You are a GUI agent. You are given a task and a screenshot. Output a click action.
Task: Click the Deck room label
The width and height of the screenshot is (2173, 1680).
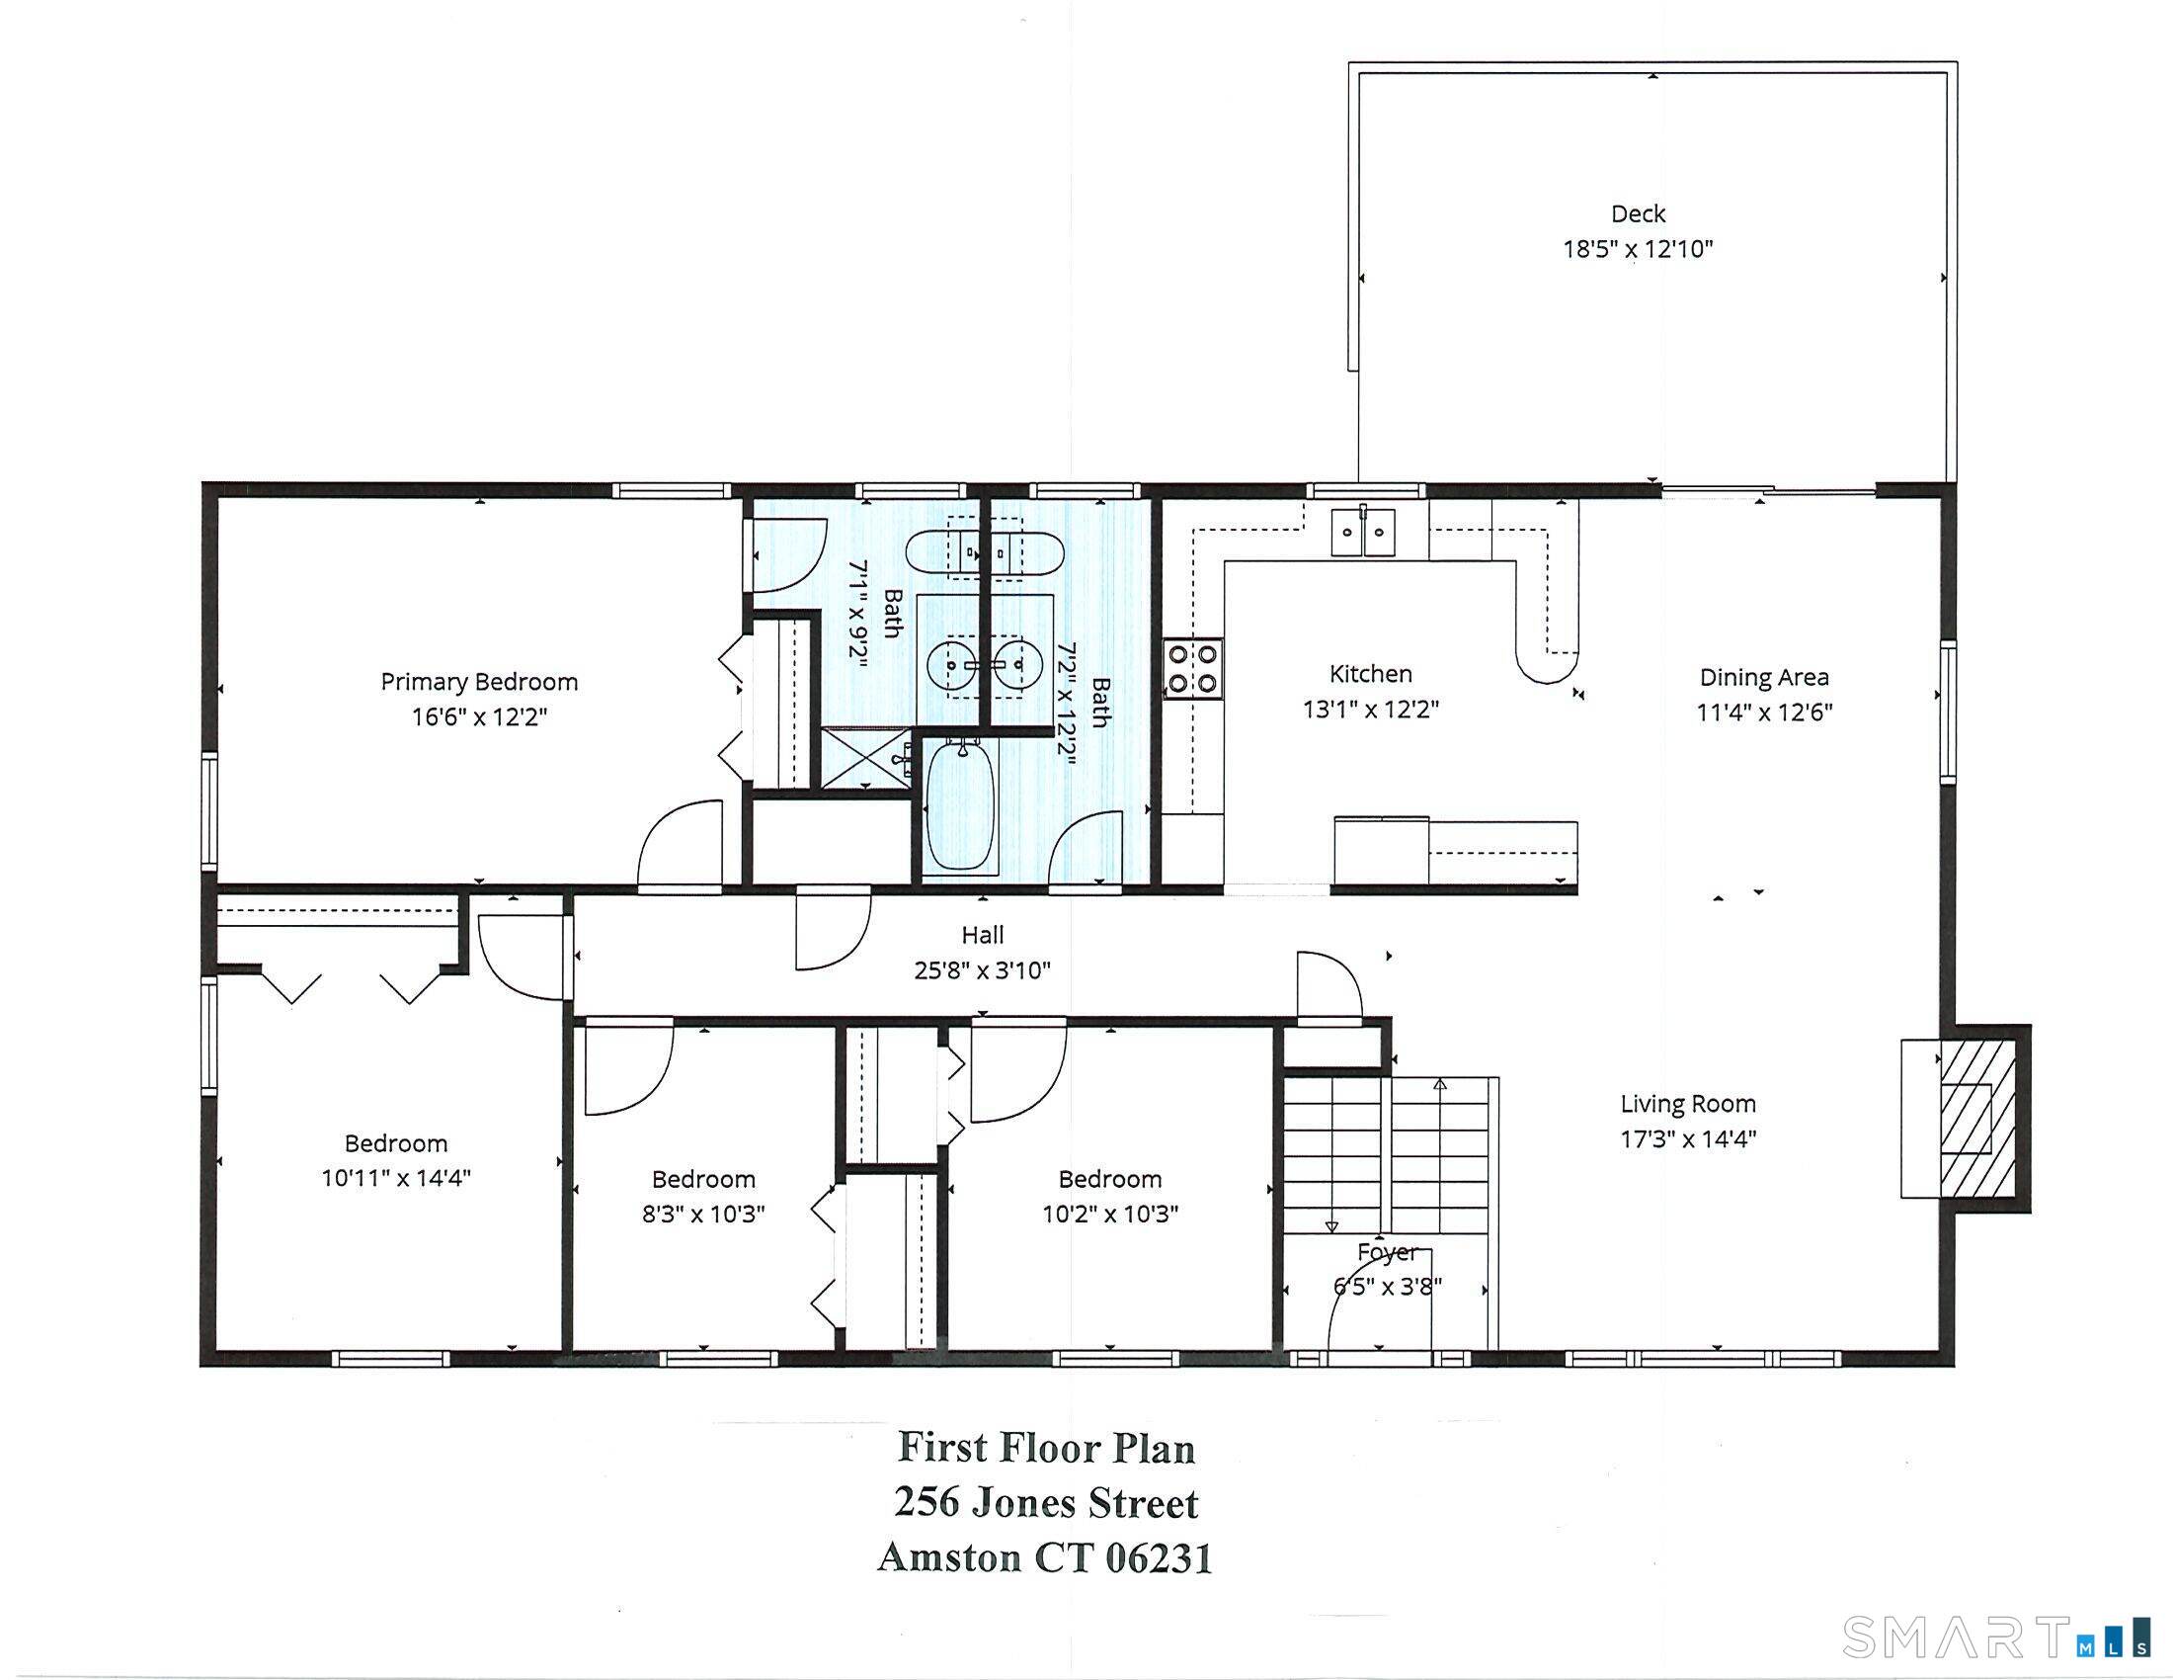[1638, 214]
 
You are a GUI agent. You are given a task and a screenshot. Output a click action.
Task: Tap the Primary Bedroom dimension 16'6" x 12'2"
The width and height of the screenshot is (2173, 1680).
[480, 716]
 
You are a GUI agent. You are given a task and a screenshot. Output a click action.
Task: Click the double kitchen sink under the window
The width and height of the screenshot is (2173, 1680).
[1364, 533]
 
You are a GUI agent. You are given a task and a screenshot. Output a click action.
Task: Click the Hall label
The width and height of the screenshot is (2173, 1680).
[982, 936]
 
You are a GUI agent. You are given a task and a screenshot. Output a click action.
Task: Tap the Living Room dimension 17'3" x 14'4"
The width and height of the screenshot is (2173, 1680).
[1688, 1138]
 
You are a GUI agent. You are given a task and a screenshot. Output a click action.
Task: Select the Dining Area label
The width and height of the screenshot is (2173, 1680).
[1764, 678]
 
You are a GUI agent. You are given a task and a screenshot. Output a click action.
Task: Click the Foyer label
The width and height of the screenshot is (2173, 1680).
[1387, 1252]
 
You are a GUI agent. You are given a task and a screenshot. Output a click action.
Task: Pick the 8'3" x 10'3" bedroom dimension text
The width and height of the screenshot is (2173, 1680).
[703, 1215]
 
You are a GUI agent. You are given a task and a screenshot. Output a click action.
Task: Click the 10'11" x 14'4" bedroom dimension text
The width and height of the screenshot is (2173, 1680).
[395, 1178]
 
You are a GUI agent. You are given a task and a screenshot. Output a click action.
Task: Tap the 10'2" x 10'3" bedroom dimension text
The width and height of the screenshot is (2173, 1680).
[1110, 1215]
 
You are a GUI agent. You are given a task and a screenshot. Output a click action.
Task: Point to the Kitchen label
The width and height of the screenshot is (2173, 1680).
[1371, 674]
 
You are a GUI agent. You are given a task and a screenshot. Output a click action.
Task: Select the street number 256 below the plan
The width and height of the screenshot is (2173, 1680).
[927, 1502]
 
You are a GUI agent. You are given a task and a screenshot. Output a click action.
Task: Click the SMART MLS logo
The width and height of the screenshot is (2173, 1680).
[1996, 1638]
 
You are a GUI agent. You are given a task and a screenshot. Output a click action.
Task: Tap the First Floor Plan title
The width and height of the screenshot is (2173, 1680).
[1046, 1448]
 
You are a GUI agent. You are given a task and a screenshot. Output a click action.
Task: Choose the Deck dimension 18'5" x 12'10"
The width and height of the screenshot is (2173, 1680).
[1638, 249]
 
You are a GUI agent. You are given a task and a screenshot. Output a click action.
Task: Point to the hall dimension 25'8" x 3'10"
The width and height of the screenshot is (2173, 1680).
[982, 970]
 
